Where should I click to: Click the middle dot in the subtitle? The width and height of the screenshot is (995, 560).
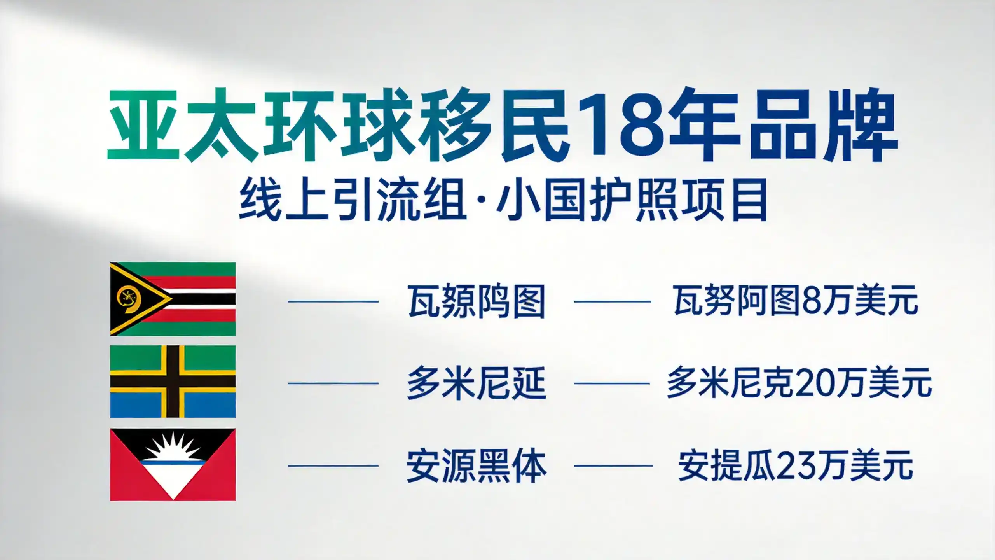pos(482,200)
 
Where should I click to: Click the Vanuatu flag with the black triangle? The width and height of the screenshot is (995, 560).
pos(173,299)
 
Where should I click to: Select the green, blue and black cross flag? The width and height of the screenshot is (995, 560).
pos(173,381)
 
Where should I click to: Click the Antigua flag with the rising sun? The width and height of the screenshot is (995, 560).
pos(173,464)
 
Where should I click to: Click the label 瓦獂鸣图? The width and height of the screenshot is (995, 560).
pos(476,301)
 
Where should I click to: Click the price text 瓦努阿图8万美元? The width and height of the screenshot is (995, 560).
pos(795,301)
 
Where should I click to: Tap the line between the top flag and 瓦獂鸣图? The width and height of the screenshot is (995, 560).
pos(333,301)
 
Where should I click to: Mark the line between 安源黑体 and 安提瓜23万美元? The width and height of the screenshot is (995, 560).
pos(613,465)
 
